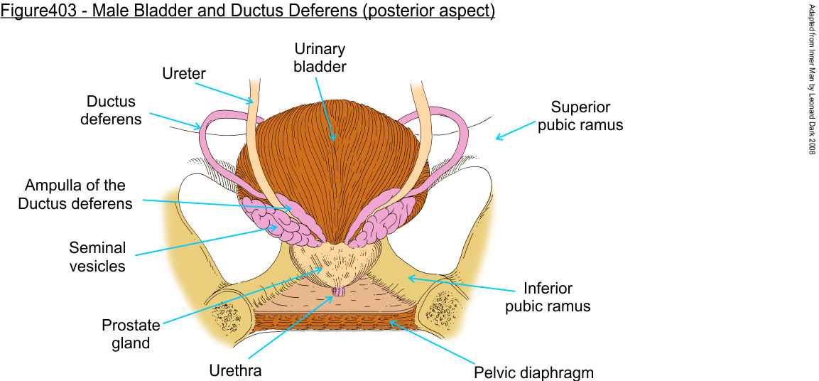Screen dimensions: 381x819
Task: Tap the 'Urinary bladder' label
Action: pos(320,58)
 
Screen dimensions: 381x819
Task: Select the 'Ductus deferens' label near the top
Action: pos(112,110)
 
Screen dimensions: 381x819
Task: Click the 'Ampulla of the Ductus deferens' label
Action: pos(75,194)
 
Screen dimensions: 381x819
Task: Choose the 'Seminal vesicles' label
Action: pos(97,257)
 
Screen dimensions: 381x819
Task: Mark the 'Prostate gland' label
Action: pos(131,335)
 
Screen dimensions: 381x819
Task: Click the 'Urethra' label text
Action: pos(235,370)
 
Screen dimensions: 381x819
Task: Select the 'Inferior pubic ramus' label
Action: pos(548,298)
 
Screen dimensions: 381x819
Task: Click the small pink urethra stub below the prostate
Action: pos(340,291)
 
